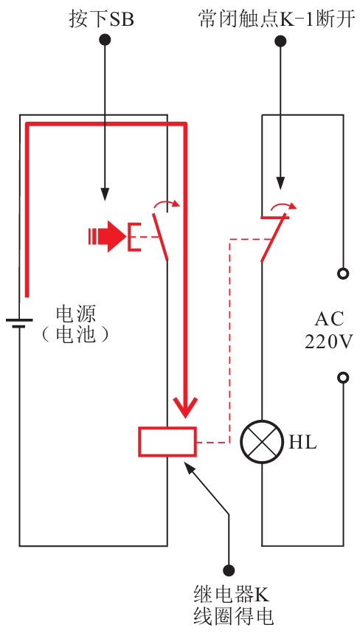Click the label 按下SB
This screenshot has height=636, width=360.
(101, 19)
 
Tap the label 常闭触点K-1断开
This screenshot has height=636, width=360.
(277, 19)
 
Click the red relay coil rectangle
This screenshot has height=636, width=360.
(167, 442)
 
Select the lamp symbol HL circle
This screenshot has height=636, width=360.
(261, 442)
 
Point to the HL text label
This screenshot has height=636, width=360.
(302, 443)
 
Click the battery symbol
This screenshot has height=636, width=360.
(19, 322)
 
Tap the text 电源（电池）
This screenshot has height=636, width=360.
(76, 325)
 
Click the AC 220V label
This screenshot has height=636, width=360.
(329, 331)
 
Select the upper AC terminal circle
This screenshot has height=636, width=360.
(343, 274)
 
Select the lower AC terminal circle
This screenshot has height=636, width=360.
(343, 378)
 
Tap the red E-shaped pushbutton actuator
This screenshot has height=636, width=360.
(134, 237)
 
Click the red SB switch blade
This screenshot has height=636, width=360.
(160, 236)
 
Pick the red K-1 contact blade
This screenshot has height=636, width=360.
(274, 238)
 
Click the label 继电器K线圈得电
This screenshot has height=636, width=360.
(232, 606)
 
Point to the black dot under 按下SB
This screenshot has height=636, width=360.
(105, 40)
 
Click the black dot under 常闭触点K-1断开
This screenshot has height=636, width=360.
(280, 41)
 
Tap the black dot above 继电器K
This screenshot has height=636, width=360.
(229, 570)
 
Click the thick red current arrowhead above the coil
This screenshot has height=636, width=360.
(186, 407)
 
